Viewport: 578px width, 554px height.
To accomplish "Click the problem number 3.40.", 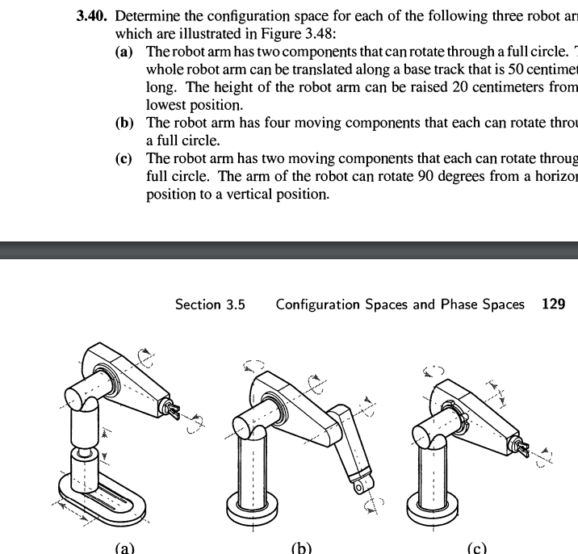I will click(x=92, y=16).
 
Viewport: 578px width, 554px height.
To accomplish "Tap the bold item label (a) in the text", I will click(x=125, y=52).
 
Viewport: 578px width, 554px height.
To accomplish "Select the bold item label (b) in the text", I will click(x=125, y=123).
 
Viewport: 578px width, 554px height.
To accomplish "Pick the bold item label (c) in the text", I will click(x=125, y=158).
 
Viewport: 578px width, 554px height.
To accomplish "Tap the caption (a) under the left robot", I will click(x=124, y=548).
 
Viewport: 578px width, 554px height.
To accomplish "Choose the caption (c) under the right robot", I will click(x=477, y=548).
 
